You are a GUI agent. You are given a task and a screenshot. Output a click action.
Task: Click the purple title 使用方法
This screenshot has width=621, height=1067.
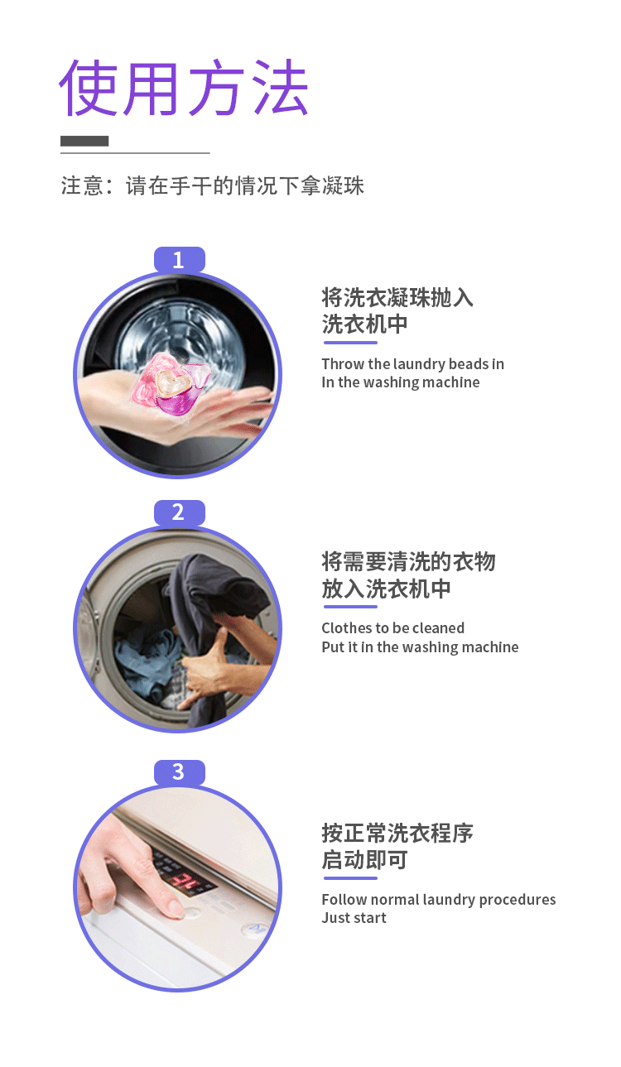pos(184,88)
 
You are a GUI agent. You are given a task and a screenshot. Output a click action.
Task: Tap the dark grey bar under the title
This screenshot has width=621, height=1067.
pos(84,141)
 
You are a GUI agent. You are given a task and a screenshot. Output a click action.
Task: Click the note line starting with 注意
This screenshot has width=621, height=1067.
pos(212,185)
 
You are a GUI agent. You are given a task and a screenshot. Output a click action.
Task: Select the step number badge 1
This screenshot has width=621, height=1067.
pos(179,260)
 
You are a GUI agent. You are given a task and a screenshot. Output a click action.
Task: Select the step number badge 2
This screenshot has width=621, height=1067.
pos(179,512)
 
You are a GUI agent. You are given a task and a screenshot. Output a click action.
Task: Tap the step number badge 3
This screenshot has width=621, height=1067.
pos(179,772)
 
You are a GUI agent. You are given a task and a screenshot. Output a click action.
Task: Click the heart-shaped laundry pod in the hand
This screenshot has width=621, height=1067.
pos(170,384)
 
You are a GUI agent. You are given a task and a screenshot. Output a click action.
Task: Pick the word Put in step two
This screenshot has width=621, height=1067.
pos(332,646)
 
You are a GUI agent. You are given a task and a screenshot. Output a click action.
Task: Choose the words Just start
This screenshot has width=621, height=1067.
pos(354,917)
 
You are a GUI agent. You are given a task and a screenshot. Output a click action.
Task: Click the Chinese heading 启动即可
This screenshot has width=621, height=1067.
pos(364,860)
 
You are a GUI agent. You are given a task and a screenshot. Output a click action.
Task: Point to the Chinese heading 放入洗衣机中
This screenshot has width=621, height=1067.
pos(386,589)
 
